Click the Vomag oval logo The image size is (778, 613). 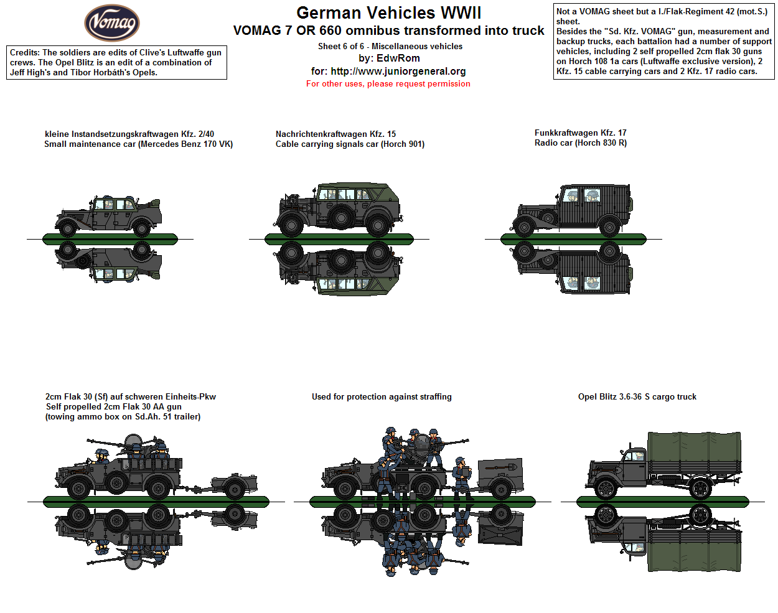[x=112, y=23]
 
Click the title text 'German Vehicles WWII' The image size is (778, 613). [x=388, y=12]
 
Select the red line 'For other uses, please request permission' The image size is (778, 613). [x=388, y=83]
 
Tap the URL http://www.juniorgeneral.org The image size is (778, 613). [x=398, y=71]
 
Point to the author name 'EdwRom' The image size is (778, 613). [x=398, y=58]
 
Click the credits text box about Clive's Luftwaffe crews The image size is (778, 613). [x=116, y=62]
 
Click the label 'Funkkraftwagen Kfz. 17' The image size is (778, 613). [x=580, y=133]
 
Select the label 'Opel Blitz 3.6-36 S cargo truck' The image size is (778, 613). [x=637, y=396]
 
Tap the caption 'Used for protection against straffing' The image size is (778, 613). [x=382, y=396]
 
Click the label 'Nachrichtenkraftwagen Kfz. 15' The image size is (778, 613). [x=335, y=134]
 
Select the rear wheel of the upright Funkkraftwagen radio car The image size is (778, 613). [x=609, y=227]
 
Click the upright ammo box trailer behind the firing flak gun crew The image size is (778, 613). [x=500, y=478]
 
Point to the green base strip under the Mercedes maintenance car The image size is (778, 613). [x=110, y=239]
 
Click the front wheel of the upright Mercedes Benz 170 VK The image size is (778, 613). [x=67, y=227]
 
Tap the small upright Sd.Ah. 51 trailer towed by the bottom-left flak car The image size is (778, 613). [x=235, y=485]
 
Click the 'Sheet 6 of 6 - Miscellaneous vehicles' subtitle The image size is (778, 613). [x=390, y=46]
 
